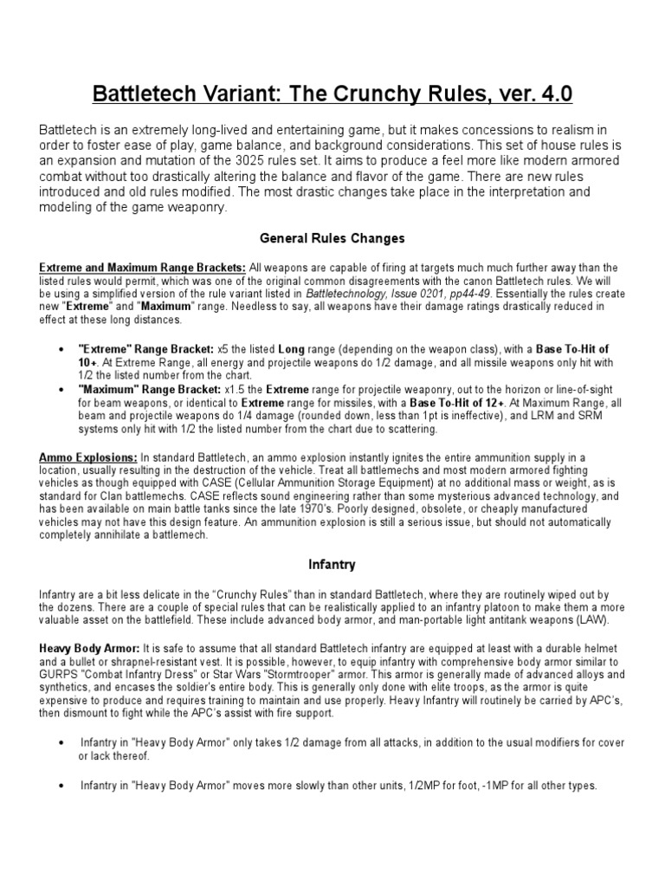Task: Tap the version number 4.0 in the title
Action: pyautogui.click(x=551, y=94)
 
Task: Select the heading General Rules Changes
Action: pyautogui.click(x=332, y=236)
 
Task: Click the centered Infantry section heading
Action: pyautogui.click(x=332, y=564)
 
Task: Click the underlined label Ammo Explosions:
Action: pyautogui.click(x=87, y=456)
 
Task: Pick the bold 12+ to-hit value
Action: pyautogui.click(x=494, y=403)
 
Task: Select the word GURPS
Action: pyautogui.click(x=56, y=674)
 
